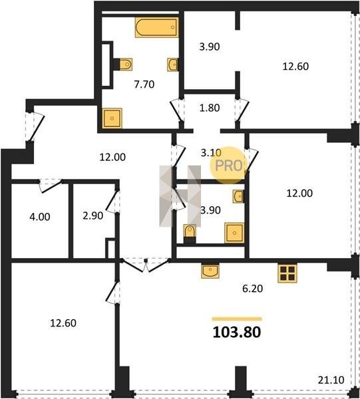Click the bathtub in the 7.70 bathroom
point(156,27)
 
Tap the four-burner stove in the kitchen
point(287,273)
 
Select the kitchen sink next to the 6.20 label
point(210,271)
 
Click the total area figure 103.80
point(237,332)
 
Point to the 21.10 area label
point(331,380)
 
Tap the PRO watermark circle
point(228,166)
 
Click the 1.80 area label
point(210,108)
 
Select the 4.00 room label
point(40,217)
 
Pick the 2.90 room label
point(93,215)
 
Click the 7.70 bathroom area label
point(144,84)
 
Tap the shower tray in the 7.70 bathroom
point(112,118)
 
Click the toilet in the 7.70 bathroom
point(124,64)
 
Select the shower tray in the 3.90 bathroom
point(234,233)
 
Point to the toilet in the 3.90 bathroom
point(190,233)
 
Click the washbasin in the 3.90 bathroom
point(238,196)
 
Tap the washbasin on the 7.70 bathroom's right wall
point(173,65)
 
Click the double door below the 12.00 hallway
point(145,265)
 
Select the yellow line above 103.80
point(237,319)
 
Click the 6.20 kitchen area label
point(253,289)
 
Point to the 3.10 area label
point(211,153)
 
